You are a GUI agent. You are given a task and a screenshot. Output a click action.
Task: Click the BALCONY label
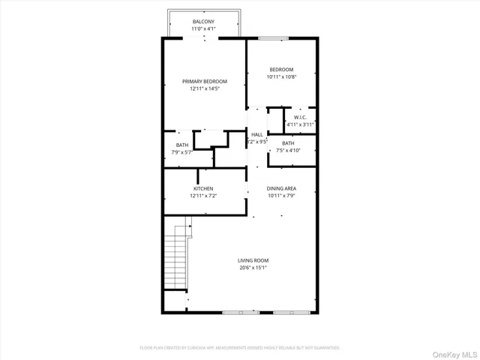click(203, 22)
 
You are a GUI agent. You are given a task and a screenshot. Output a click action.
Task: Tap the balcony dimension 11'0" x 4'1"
click(203, 28)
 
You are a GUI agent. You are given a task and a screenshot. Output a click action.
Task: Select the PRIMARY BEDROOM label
click(204, 81)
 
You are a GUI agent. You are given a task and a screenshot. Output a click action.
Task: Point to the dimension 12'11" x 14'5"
click(204, 88)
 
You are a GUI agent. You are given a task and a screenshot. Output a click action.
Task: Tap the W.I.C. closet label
click(299, 117)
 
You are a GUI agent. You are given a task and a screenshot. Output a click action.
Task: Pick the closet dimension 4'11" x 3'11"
click(299, 124)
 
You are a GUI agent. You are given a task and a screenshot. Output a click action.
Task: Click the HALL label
click(257, 134)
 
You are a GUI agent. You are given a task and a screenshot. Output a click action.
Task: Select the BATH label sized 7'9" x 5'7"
click(182, 145)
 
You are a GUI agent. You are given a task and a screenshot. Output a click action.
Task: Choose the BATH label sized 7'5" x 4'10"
click(288, 143)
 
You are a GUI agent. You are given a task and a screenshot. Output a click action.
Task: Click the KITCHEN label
click(203, 188)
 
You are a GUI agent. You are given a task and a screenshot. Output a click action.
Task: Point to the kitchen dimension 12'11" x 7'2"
click(203, 196)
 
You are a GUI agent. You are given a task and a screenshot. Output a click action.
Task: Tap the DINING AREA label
click(282, 188)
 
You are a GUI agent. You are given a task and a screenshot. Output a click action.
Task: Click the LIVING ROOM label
click(254, 260)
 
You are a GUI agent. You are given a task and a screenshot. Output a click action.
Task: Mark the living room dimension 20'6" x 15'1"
click(254, 268)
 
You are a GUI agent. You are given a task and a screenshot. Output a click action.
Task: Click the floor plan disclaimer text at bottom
click(240, 347)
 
